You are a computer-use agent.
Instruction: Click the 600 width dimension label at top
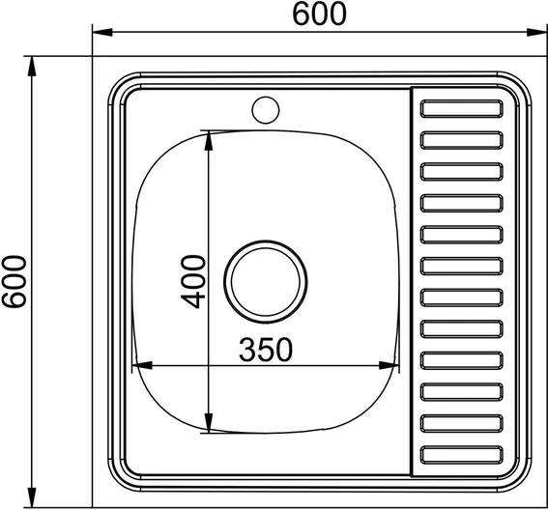pos(320,14)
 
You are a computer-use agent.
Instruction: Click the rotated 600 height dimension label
pos(14,281)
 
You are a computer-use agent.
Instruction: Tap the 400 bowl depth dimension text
pos(193,281)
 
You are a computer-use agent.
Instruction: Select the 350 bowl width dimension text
pos(266,349)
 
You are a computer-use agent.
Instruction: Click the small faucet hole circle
pos(266,110)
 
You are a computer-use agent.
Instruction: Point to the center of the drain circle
pos(266,281)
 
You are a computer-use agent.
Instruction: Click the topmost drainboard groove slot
pos(462,108)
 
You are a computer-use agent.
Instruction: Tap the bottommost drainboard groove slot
pos(462,455)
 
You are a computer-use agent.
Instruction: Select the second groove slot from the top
pos(462,140)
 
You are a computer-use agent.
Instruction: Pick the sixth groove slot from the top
pos(462,266)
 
